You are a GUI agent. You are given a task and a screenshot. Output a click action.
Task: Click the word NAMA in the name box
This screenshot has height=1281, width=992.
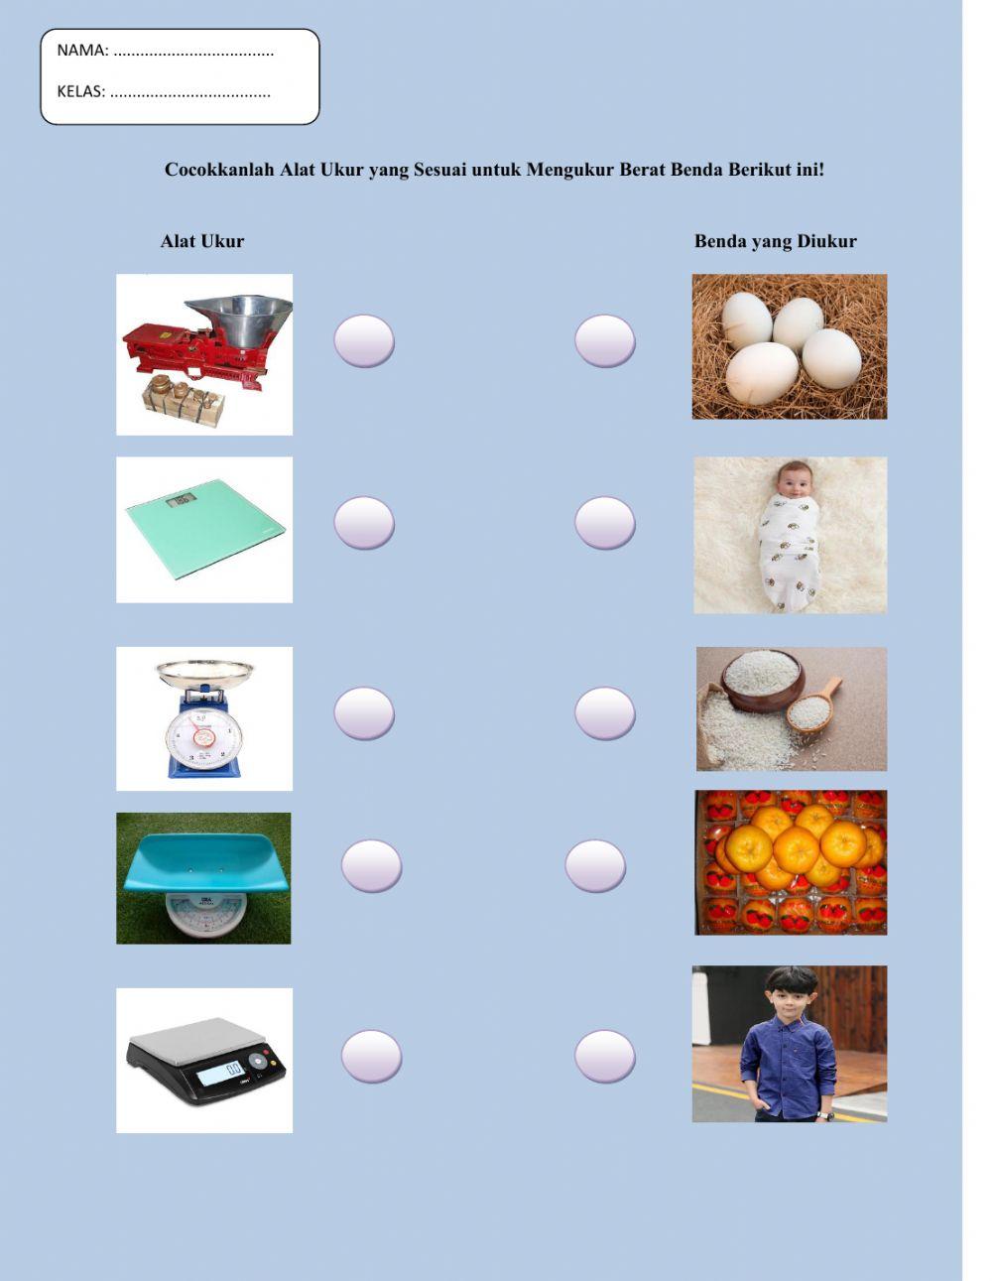pyautogui.click(x=81, y=51)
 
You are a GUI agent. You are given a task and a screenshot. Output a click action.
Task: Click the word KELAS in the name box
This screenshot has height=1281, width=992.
pyautogui.click(x=80, y=92)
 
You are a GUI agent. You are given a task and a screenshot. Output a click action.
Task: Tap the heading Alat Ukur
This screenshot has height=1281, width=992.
pyautogui.click(x=202, y=241)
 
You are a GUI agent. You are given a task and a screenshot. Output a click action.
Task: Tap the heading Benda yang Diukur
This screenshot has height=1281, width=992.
pyautogui.click(x=775, y=241)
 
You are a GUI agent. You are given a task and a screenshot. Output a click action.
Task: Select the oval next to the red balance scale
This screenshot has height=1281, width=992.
pyautogui.click(x=364, y=341)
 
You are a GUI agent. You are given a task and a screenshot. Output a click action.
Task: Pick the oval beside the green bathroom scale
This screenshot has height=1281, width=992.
pyautogui.click(x=364, y=523)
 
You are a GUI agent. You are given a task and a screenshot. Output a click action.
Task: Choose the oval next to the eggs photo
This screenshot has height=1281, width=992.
pyautogui.click(x=605, y=341)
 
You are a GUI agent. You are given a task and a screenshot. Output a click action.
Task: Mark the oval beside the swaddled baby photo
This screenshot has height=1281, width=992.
pyautogui.click(x=605, y=523)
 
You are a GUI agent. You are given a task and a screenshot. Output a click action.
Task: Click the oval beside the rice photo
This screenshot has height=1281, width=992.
pyautogui.click(x=605, y=713)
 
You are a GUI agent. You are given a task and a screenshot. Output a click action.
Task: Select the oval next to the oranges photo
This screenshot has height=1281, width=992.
pyautogui.click(x=595, y=866)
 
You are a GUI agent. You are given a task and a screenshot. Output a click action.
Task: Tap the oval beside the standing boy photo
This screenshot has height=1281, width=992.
pyautogui.click(x=605, y=1057)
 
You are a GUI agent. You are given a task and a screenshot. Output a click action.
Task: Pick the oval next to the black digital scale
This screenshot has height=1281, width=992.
pyautogui.click(x=372, y=1057)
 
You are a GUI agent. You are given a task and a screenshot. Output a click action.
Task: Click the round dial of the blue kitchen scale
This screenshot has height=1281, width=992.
pyautogui.click(x=203, y=737)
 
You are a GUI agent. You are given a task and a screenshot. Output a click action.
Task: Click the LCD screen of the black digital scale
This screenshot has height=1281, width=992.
pyautogui.click(x=220, y=1072)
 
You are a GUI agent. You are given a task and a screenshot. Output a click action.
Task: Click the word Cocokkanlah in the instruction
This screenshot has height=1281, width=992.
pyautogui.click(x=219, y=170)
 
